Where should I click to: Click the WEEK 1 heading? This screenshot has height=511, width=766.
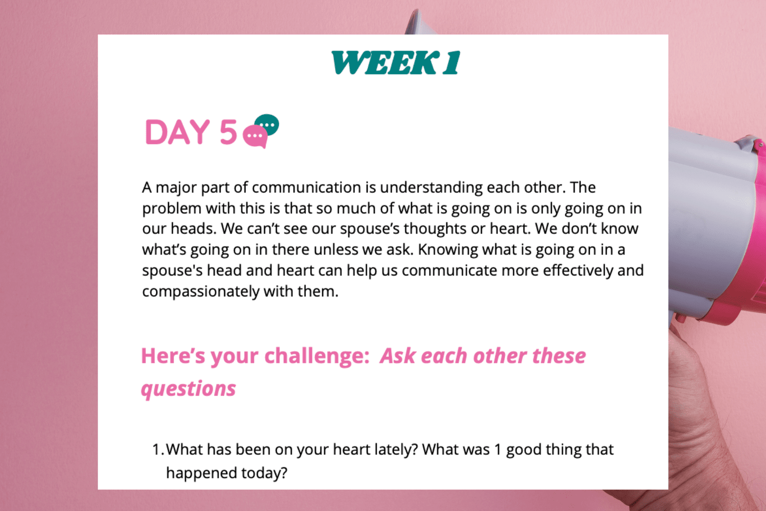point(396,63)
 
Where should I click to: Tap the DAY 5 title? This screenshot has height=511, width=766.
point(191,132)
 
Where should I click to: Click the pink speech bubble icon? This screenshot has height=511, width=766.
point(255,137)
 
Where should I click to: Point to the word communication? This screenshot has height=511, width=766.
point(306,188)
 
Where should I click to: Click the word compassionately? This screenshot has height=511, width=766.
point(201,292)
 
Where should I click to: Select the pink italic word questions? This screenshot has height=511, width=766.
point(188,389)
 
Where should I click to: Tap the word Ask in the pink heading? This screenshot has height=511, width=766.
point(398,356)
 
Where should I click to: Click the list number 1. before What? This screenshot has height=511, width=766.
point(158,450)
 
